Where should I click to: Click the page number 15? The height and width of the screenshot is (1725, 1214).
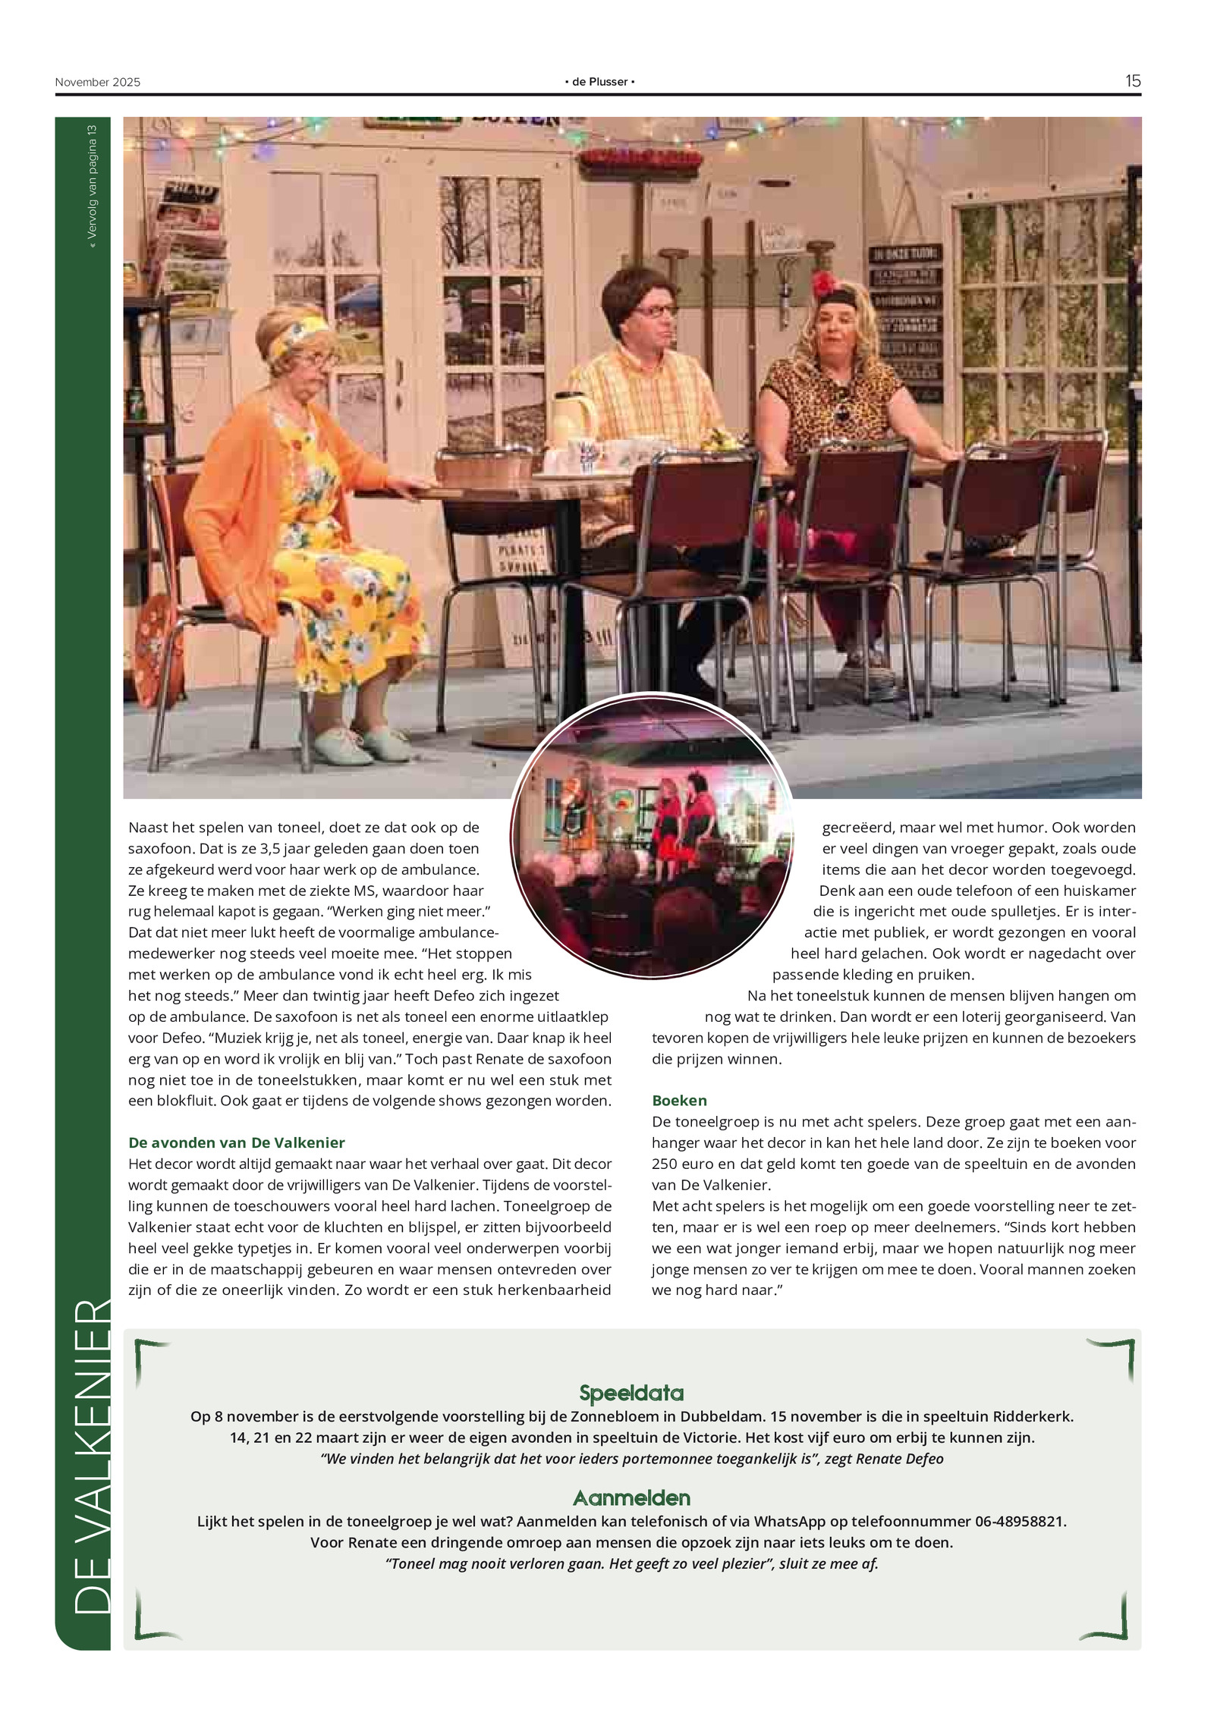pyautogui.click(x=1132, y=81)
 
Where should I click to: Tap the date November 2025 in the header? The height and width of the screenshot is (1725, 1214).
pyautogui.click(x=97, y=82)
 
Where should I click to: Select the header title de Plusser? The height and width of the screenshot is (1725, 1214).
pyautogui.click(x=599, y=82)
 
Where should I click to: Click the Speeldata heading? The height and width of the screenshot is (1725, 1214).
pyautogui.click(x=631, y=1393)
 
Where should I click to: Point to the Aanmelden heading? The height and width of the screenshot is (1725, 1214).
pyautogui.click(x=631, y=1497)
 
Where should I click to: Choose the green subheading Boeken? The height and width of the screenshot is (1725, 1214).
pyautogui.click(x=679, y=1100)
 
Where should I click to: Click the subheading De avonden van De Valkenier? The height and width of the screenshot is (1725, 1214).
pyautogui.click(x=236, y=1142)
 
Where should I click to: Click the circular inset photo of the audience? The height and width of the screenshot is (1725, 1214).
pyautogui.click(x=652, y=834)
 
